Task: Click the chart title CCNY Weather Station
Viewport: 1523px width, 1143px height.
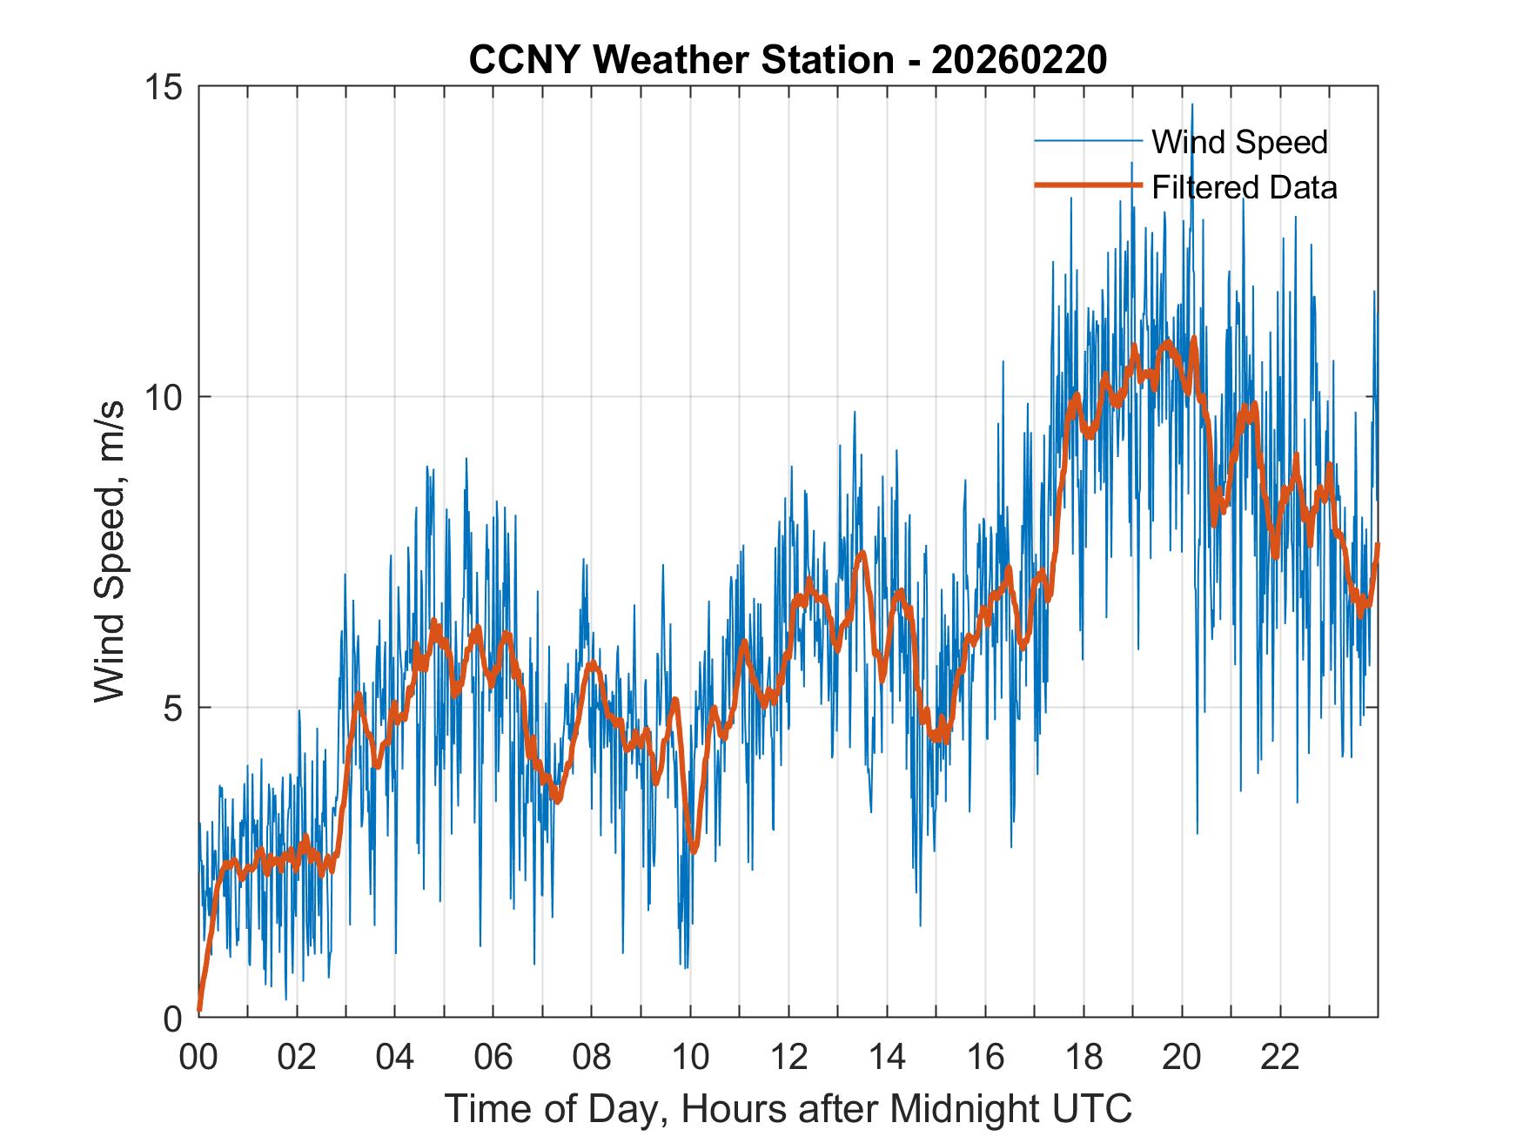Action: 681,60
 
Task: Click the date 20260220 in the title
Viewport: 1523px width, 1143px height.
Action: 1019,60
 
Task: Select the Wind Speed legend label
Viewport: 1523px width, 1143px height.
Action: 1239,142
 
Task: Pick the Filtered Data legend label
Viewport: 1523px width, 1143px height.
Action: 1245,187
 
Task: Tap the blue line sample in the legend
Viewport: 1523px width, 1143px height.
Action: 1087,141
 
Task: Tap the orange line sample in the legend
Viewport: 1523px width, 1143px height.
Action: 1087,185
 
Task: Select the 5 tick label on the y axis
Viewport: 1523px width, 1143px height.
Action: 174,708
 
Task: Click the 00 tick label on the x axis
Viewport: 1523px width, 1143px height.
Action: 198,1058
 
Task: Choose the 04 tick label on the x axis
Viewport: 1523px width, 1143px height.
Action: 395,1058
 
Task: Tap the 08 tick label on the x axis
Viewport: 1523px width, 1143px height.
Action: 592,1058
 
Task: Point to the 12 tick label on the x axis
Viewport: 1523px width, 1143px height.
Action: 788,1058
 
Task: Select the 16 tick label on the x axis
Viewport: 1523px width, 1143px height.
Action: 985,1058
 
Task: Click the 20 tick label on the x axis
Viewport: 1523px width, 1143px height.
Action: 1182,1058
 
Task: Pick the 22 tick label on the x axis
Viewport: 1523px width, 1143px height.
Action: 1280,1058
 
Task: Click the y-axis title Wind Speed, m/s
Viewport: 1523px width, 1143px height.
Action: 111,551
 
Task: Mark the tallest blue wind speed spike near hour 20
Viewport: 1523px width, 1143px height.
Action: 1192,106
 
